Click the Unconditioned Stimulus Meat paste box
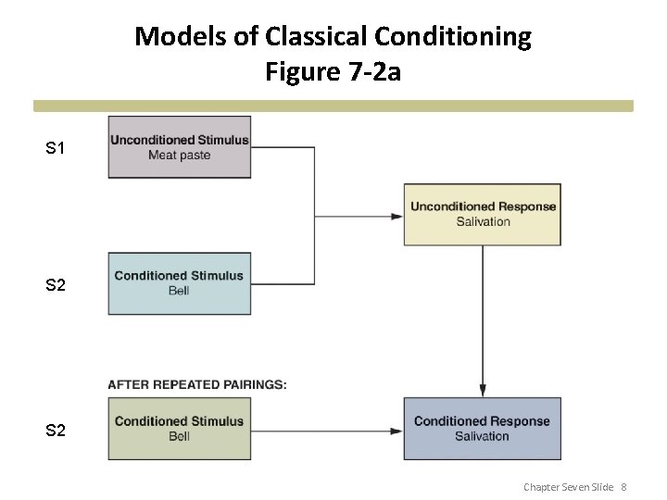point(180,147)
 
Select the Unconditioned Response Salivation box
point(483,214)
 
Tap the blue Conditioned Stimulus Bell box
point(180,283)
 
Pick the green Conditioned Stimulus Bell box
point(180,428)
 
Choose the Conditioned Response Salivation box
point(482,428)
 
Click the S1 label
point(56,148)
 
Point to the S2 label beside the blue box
point(56,285)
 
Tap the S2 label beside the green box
point(56,431)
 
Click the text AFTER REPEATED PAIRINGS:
point(197,384)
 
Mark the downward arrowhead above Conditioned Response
point(482,390)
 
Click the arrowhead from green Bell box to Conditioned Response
point(396,430)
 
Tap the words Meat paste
point(180,155)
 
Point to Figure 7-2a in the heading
point(333,71)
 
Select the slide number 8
point(624,487)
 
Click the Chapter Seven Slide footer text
point(569,487)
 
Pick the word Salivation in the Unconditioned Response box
point(483,221)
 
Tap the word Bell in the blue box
point(179,291)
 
